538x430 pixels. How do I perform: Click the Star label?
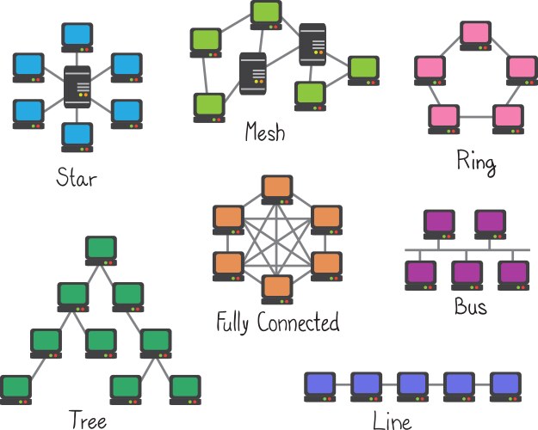[77, 179]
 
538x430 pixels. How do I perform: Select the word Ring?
[476, 161]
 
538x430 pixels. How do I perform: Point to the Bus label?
[470, 305]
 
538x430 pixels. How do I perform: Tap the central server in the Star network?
[77, 87]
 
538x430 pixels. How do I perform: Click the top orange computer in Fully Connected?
[277, 189]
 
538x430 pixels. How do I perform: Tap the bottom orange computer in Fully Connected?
[277, 288]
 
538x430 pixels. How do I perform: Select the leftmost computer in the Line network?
[320, 384]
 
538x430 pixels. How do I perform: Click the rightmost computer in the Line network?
[505, 384]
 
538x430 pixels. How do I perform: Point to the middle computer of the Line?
[413, 384]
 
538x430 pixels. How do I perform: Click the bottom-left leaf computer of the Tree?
[15, 389]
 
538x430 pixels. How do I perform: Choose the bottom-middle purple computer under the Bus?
[467, 274]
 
